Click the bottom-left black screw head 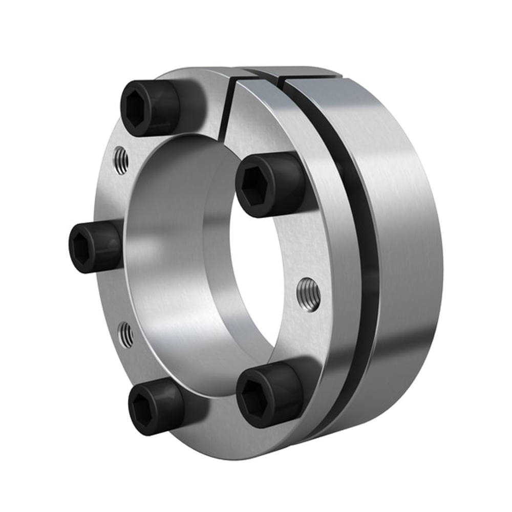coord(156,407)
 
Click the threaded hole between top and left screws coord(121,160)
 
